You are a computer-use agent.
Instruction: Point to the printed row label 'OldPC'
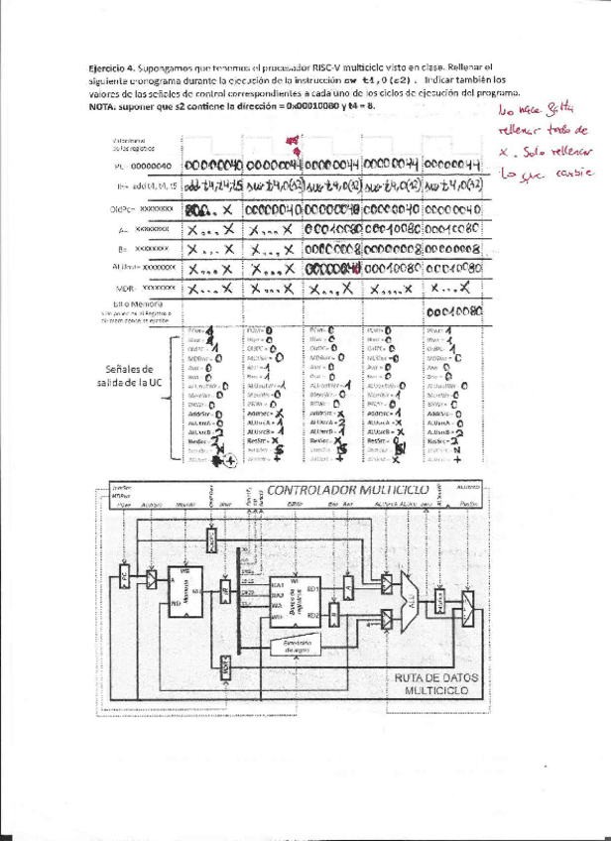point(123,210)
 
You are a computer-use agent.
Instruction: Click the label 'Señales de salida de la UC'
point(130,376)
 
